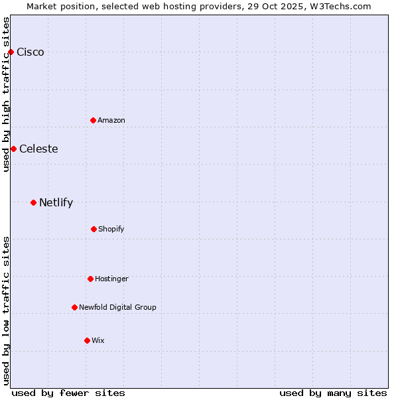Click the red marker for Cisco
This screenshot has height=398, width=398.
(11, 52)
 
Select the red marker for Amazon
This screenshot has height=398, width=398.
(93, 120)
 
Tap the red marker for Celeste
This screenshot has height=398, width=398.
(13, 149)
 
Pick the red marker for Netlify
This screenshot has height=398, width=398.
(33, 202)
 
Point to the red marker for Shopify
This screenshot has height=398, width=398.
(94, 229)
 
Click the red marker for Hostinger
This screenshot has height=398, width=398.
(90, 279)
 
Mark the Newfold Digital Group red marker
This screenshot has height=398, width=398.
(74, 307)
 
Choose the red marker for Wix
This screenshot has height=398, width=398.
(87, 340)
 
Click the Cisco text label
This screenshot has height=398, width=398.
(31, 52)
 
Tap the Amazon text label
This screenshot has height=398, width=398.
(111, 120)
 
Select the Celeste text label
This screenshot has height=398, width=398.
(38, 149)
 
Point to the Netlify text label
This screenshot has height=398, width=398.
(56, 202)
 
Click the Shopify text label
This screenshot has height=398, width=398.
(111, 229)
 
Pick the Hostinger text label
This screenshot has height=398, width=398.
(111, 279)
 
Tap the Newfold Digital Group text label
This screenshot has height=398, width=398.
(117, 307)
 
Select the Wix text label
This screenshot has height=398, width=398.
(98, 340)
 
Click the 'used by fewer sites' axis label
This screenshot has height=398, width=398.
(68, 393)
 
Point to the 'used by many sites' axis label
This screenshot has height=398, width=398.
(333, 393)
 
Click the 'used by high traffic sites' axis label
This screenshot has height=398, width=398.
(6, 94)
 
